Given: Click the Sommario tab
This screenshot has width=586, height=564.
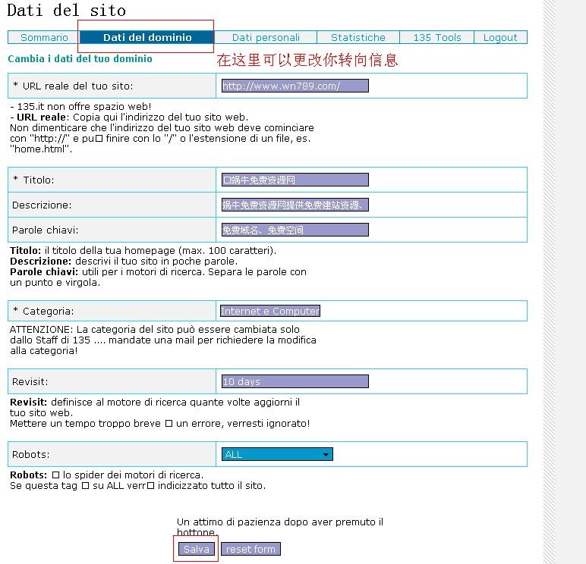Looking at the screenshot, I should coord(44,37).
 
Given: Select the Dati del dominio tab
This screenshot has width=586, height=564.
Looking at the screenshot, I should coord(147,37).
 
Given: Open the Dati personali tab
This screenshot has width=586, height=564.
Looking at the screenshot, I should coord(266,37).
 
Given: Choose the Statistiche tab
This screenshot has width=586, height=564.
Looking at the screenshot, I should coord(358,37).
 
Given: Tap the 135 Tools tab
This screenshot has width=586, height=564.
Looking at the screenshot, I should coord(437,37).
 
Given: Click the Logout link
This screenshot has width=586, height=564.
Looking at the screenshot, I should coord(500,37).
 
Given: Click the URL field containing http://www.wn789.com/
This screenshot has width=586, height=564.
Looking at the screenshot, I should coord(295,86).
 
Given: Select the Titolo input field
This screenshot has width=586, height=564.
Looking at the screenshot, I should coord(295,180).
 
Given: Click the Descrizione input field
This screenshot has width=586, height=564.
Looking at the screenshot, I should coord(295,205).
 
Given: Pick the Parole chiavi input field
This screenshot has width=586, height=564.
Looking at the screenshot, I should coord(295,230).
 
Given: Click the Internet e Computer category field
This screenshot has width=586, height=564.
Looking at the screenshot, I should coord(270,311).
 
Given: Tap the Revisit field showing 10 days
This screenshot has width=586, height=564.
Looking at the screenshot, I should coord(295,381).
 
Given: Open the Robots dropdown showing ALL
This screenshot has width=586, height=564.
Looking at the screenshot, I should coord(277,454).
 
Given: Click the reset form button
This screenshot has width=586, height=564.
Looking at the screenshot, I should coord(250,549).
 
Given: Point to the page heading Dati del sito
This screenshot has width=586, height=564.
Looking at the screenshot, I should coord(67,11).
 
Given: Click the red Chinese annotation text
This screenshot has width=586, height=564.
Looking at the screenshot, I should coord(307,60).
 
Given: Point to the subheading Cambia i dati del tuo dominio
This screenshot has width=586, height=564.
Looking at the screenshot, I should coord(80,58).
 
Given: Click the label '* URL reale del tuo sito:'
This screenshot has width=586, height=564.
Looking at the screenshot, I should coord(73,86).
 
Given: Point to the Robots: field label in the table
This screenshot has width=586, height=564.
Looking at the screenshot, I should coord(31,454).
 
